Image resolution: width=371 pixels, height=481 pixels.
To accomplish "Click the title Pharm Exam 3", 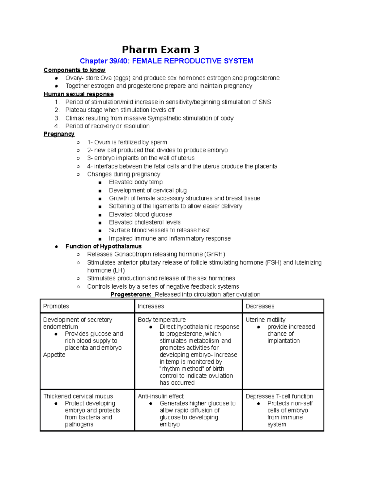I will pos(160,50).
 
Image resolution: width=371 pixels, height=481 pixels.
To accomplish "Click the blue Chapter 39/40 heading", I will pos(166,61).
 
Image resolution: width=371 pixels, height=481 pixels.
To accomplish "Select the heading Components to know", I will pos(75,70).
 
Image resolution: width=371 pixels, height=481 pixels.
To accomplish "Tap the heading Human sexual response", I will pos(79,94).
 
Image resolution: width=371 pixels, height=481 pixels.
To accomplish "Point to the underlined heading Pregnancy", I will pos(59,134).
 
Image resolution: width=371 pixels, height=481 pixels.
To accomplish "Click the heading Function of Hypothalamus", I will pos(104,246).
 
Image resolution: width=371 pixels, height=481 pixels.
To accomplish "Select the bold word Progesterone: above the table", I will pos(131,294).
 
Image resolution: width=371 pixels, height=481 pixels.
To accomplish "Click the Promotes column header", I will pos(56,306).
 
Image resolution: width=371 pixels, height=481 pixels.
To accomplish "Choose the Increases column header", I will pos(151,306).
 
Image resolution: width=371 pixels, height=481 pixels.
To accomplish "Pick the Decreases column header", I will pos(260,306).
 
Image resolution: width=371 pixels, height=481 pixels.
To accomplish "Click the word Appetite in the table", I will pos(54,355).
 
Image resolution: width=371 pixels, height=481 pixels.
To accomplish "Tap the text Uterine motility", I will pos(266,320).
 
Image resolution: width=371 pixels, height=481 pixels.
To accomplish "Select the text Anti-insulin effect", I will pos(161,396).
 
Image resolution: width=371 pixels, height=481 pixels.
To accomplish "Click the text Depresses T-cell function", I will pos(279,396).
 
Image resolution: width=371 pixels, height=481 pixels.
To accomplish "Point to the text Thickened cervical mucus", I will pos(78,396).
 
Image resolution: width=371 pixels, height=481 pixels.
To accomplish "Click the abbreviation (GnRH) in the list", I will pos(215,254).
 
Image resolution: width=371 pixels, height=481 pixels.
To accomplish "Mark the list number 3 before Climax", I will pos(57,118).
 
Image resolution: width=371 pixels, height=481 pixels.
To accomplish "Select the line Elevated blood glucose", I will pos(140,214).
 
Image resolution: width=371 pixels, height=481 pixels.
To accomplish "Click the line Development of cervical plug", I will pos(148,190).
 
